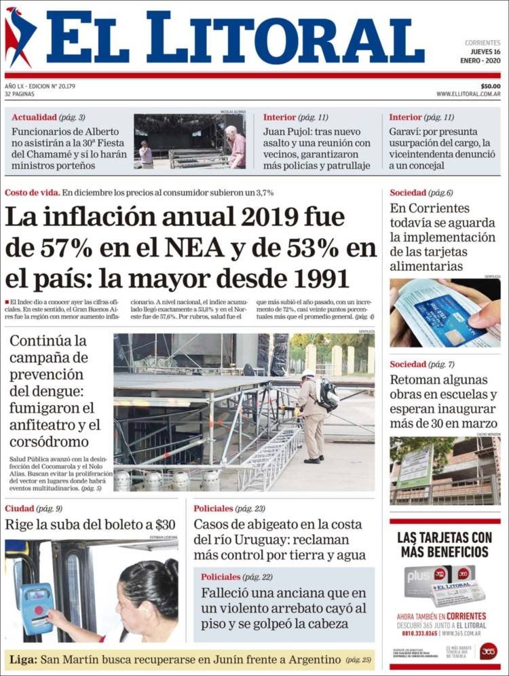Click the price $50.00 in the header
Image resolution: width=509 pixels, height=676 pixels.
tap(490, 86)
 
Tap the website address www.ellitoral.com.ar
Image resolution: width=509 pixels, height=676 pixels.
tap(468, 94)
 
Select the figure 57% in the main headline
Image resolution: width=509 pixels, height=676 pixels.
tap(62, 248)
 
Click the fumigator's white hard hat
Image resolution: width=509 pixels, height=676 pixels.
tap(308, 373)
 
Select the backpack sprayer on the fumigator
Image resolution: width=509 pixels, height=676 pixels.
tap(328, 394)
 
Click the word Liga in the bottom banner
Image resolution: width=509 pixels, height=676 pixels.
tap(22, 659)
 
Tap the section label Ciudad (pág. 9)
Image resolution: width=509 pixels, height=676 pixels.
tap(33, 508)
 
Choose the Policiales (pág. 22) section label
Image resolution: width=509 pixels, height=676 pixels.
tap(237, 576)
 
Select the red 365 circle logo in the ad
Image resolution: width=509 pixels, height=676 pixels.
tap(488, 651)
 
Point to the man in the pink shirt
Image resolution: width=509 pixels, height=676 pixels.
tap(237, 147)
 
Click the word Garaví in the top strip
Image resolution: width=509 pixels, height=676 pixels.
tap(405, 132)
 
